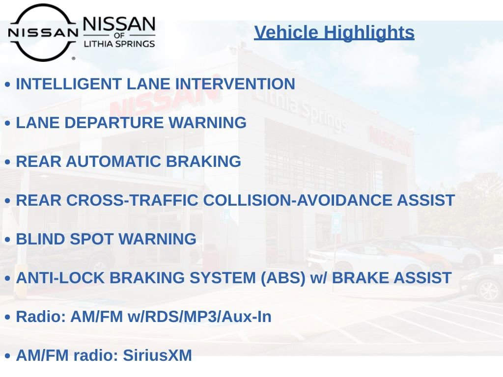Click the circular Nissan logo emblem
coord(43,32)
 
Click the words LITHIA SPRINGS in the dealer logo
coord(119,44)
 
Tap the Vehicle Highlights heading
coord(334,32)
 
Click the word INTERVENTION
coord(235,84)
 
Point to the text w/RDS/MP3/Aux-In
coord(199,317)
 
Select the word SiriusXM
coord(157,355)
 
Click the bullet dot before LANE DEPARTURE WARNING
coord(7,123)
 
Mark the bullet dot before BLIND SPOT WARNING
coord(7,240)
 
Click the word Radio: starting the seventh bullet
coord(41,317)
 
